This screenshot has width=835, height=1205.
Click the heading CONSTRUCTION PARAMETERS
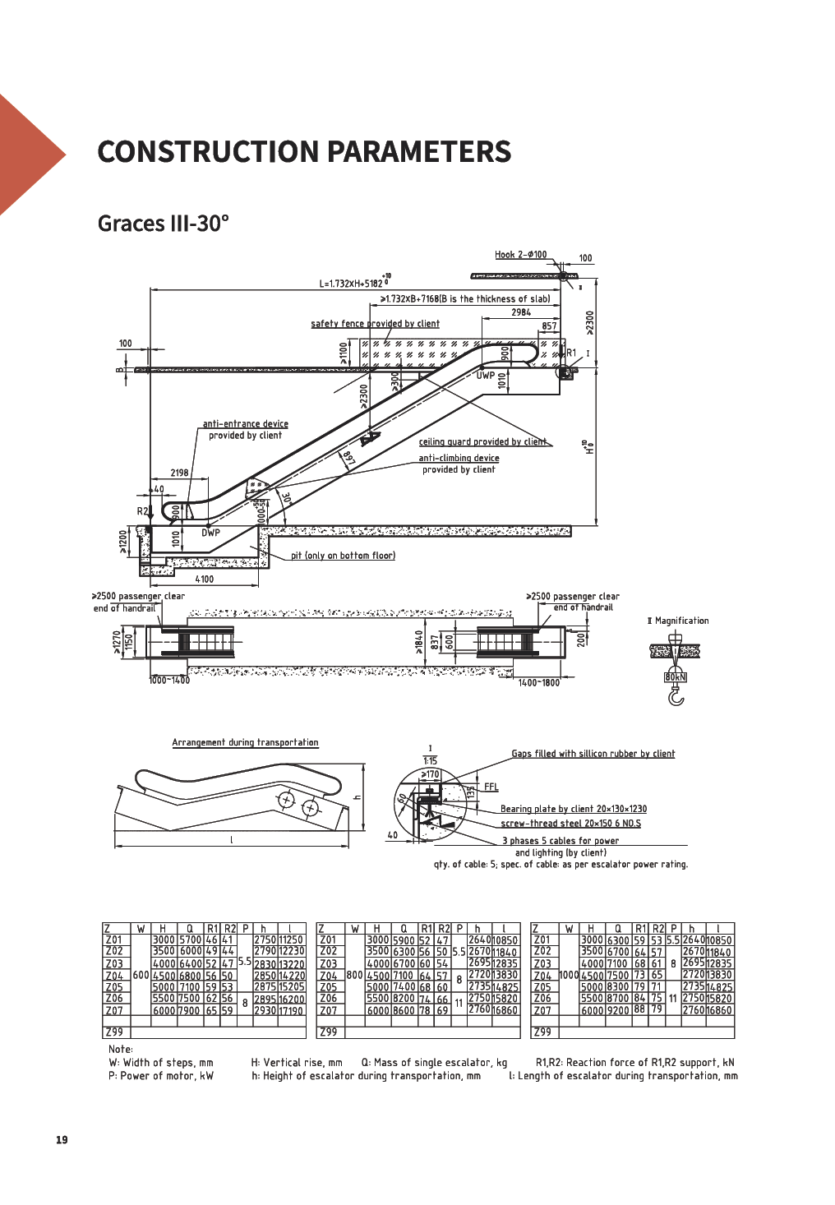click(304, 152)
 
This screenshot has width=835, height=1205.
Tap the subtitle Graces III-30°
click(163, 224)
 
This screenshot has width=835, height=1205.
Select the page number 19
click(62, 1140)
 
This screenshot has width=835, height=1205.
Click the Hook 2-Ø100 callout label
click(520, 255)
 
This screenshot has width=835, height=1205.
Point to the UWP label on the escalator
click(486, 376)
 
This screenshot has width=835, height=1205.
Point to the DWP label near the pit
click(210, 533)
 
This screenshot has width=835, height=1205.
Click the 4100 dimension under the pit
click(204, 579)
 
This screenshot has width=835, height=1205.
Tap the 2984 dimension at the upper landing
click(521, 312)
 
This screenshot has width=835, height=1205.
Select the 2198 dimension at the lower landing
click(179, 473)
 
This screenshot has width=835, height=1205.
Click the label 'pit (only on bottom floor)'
click(343, 556)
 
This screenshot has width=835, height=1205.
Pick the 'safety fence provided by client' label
click(375, 324)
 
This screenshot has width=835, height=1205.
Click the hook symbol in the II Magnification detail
click(676, 697)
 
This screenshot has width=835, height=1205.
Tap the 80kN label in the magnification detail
click(675, 677)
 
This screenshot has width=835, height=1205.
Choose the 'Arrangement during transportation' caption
click(245, 742)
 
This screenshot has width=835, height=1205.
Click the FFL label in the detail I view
click(491, 787)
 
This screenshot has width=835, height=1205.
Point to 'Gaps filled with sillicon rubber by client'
click(593, 754)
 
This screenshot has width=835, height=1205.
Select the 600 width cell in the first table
click(141, 976)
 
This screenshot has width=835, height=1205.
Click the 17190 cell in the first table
click(291, 1011)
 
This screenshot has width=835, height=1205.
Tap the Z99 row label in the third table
click(542, 1032)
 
